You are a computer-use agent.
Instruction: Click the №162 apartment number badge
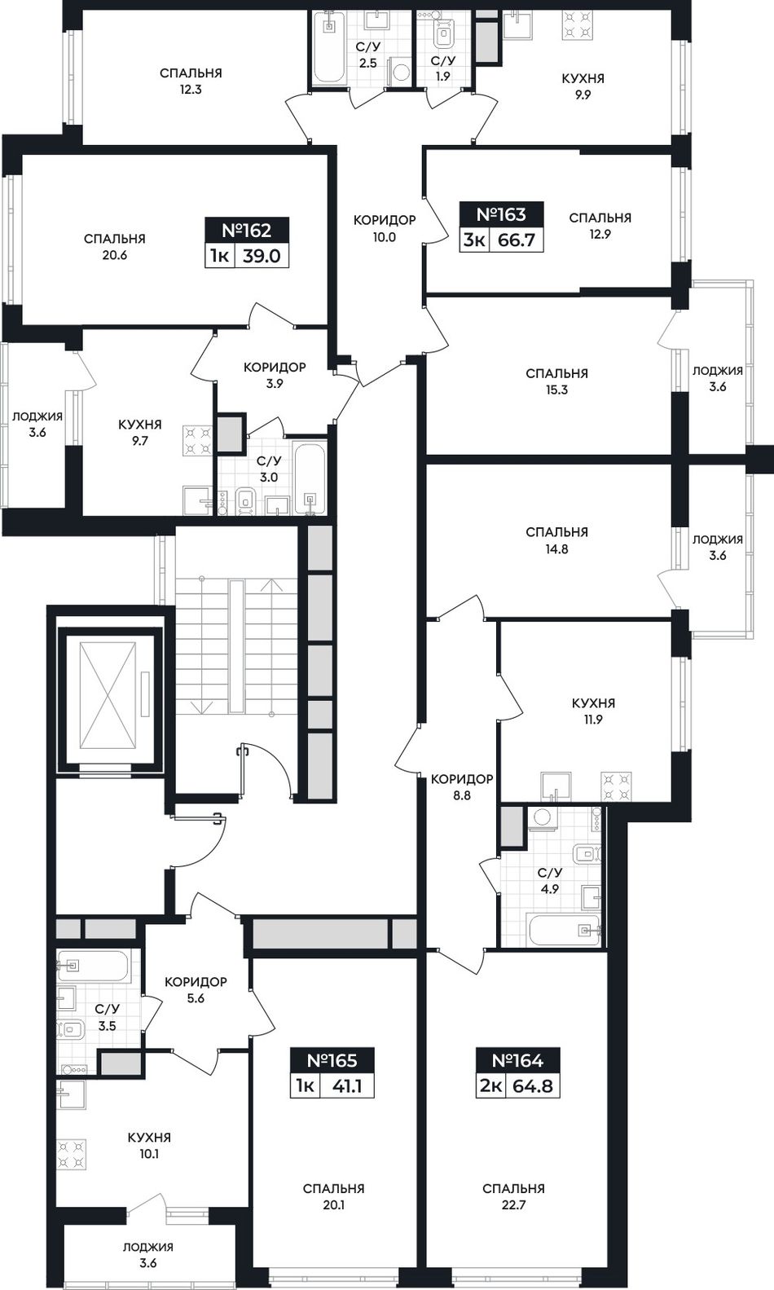pyautogui.click(x=247, y=231)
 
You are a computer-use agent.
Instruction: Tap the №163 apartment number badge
pyautogui.click(x=501, y=215)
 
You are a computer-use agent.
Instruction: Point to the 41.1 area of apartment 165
pyautogui.click(x=347, y=1086)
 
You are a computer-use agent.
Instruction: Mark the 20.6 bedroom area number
pyautogui.click(x=115, y=255)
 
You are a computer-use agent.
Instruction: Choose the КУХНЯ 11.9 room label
pyautogui.click(x=593, y=711)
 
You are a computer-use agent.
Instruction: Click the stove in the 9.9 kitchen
pyautogui.click(x=578, y=24)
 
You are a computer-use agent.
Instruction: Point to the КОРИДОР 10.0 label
pyautogui.click(x=384, y=228)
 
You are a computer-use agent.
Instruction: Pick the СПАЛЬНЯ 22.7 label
pyautogui.click(x=514, y=1195)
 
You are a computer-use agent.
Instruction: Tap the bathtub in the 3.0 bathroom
pyautogui.click(x=310, y=478)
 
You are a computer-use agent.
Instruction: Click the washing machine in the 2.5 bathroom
pyautogui.click(x=400, y=72)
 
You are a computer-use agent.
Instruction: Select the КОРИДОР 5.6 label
pyautogui.click(x=196, y=989)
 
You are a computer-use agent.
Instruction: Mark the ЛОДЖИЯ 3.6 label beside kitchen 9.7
pyautogui.click(x=37, y=424)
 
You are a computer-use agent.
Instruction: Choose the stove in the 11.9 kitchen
pyautogui.click(x=616, y=787)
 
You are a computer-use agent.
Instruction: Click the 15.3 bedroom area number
pyautogui.click(x=557, y=390)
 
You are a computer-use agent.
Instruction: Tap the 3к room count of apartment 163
pyautogui.click(x=473, y=240)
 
